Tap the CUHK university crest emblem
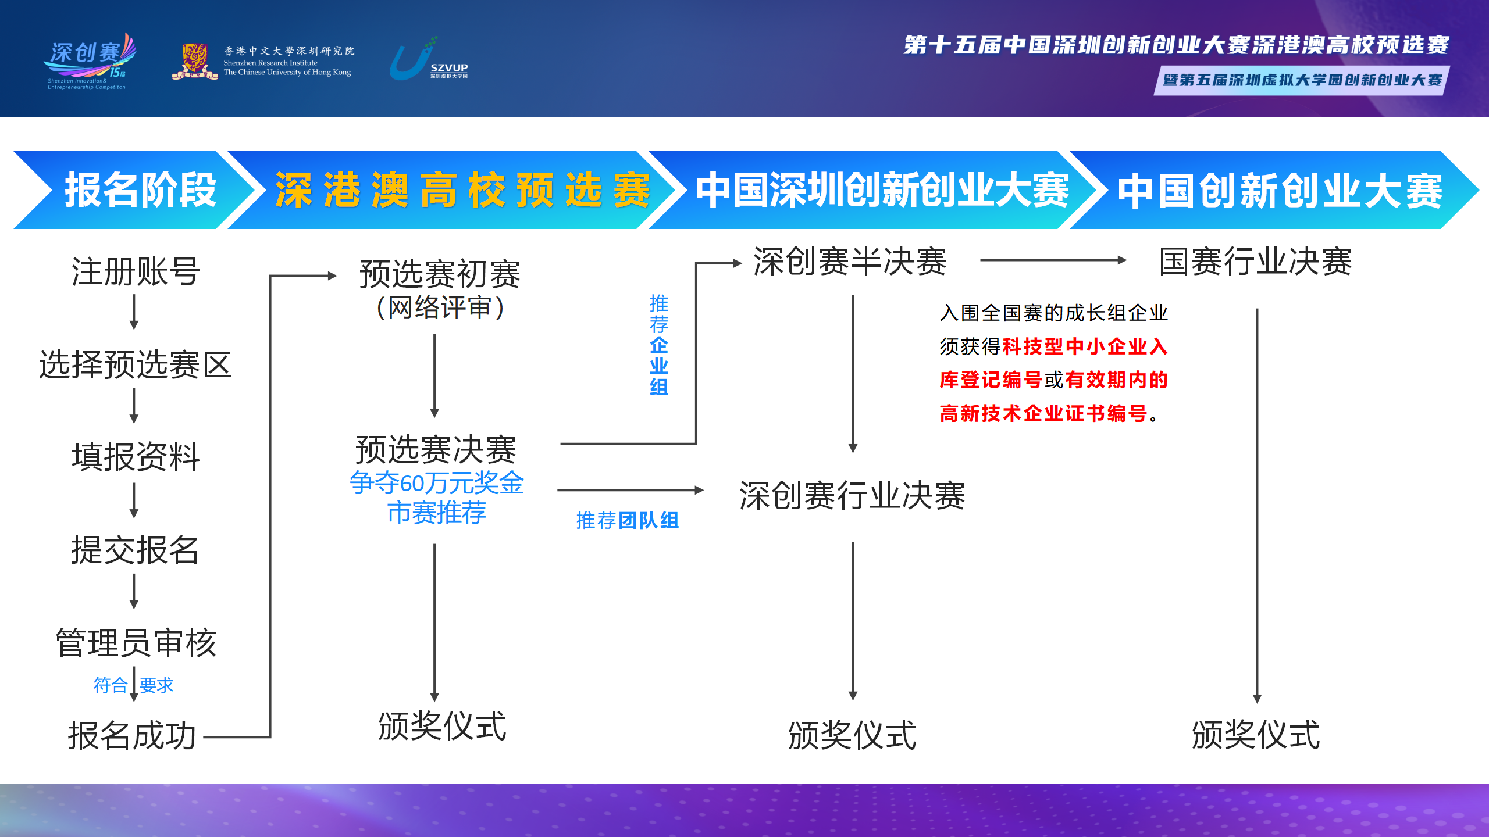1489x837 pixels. (195, 61)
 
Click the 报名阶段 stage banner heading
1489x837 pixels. (140, 190)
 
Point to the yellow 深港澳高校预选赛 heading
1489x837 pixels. (462, 190)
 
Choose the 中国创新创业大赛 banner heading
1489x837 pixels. (1280, 191)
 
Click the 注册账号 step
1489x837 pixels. (136, 271)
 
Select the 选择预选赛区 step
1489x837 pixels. (135, 364)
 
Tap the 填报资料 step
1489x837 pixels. (136, 457)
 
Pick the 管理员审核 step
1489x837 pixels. (136, 643)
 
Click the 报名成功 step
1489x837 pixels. (132, 736)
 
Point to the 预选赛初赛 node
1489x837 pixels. (440, 274)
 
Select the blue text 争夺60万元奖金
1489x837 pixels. (437, 483)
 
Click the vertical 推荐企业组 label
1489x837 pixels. (659, 345)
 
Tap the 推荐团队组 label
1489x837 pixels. (628, 520)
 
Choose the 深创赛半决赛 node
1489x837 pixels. (850, 261)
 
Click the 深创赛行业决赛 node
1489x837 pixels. (852, 496)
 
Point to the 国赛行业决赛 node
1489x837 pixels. (1256, 261)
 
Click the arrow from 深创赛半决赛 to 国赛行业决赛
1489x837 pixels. (1053, 260)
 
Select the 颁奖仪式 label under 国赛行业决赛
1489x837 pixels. (1256, 735)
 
